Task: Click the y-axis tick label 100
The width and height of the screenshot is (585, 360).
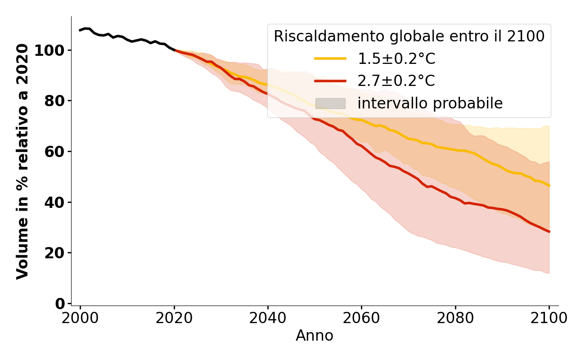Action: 50,50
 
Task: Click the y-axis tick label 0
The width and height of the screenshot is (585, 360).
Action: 60,304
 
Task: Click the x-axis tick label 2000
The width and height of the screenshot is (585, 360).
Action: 81,318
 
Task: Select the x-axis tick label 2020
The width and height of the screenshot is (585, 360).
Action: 174,318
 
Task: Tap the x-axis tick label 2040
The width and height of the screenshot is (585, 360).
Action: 268,318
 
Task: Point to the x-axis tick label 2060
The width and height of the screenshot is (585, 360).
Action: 361,318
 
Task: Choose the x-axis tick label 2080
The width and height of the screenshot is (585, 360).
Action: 455,318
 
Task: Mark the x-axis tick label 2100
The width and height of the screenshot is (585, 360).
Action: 549,318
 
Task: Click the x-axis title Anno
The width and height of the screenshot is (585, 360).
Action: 315,336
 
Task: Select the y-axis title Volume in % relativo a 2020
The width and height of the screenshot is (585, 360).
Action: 22,161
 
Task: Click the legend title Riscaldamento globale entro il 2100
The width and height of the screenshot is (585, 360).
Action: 409,36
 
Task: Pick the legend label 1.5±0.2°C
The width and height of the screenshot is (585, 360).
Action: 396,59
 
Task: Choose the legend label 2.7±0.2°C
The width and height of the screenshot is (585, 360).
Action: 396,81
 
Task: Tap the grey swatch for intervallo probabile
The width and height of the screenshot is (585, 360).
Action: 330,103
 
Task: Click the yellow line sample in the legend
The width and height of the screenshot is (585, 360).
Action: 330,58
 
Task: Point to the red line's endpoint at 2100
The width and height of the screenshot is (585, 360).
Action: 549,232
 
